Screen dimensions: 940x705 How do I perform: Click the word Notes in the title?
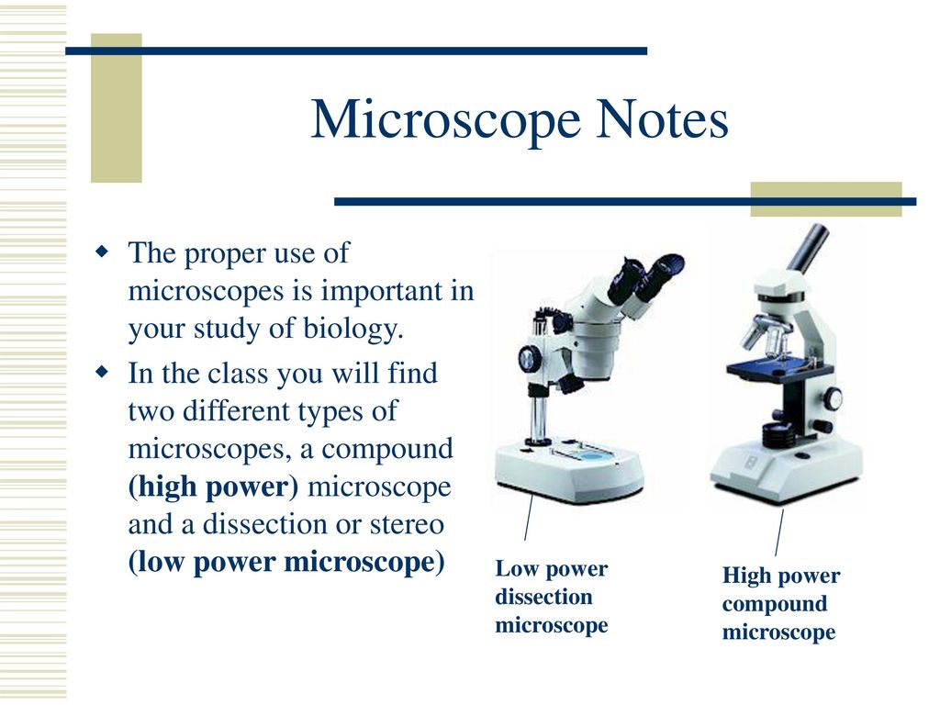pos(662,118)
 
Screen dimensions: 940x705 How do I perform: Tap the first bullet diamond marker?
pos(103,251)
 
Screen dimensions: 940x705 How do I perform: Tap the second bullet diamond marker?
pos(103,372)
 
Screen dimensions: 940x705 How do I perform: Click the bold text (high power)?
pos(213,487)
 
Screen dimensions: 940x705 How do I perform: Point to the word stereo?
pos(407,524)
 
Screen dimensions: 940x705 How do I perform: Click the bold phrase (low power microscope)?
pos(286,563)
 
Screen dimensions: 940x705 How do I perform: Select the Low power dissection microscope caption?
pos(552,597)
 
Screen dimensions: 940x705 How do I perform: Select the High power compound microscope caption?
pos(781,603)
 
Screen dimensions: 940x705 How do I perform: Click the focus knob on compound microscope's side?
pos(832,397)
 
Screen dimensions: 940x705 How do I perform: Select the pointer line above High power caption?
pos(779,533)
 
